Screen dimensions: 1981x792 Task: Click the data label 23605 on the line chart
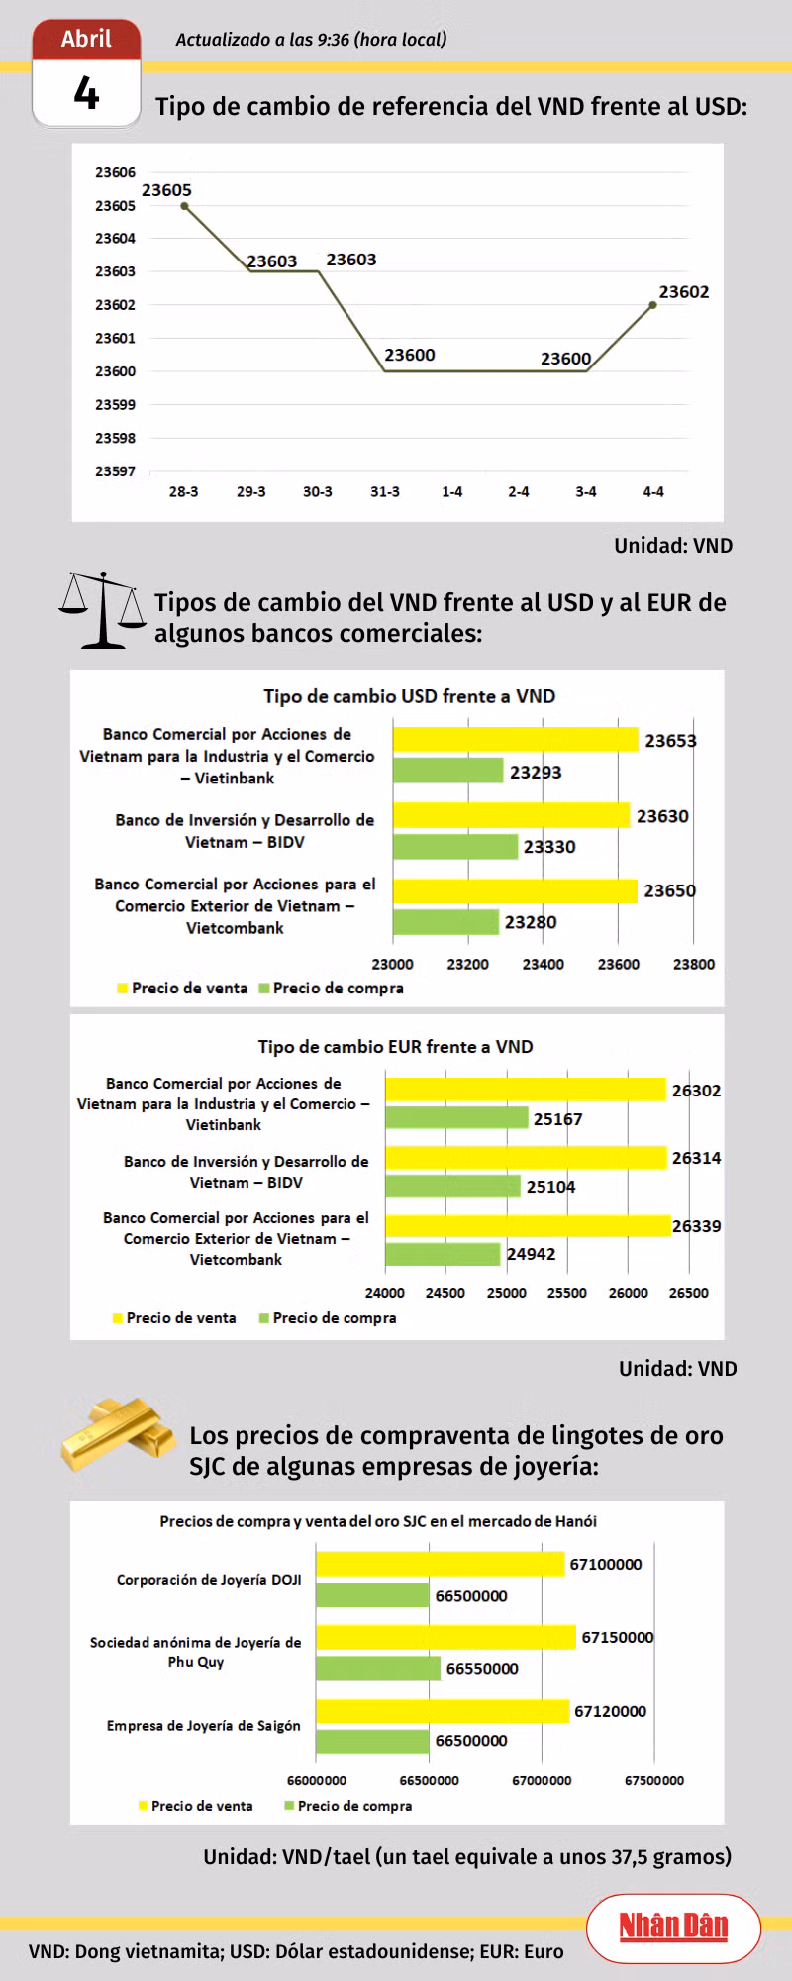[166, 190]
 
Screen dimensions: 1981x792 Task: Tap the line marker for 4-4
[653, 305]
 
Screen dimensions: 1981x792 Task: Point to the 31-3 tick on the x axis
[385, 492]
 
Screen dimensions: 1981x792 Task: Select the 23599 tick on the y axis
[115, 405]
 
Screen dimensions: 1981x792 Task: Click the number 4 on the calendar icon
[86, 94]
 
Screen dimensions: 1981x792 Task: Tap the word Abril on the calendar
[86, 39]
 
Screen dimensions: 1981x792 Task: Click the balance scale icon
[102, 609]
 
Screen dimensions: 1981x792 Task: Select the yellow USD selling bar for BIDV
[511, 815]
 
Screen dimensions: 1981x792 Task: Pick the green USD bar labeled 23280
[445, 922]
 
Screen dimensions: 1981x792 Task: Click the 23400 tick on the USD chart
[543, 964]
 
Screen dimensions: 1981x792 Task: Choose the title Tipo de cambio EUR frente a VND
[395, 1047]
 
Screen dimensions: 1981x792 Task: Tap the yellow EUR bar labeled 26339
[528, 1226]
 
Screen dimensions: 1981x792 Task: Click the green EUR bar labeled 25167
[456, 1118]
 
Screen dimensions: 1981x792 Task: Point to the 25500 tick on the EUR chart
[567, 1293]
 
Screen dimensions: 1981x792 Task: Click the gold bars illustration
[117, 1433]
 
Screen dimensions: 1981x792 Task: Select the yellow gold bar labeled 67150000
[445, 1637]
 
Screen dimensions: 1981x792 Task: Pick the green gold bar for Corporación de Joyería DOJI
[373, 1595]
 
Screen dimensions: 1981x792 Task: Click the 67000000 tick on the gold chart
[542, 1780]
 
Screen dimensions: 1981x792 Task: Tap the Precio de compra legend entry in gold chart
[347, 1806]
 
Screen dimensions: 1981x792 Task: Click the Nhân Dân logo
[673, 1927]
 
